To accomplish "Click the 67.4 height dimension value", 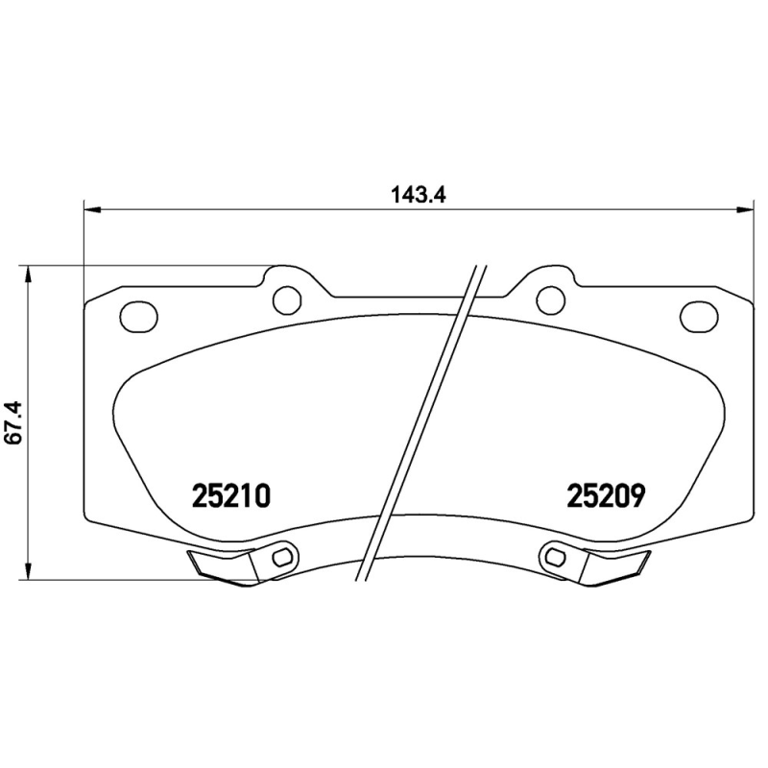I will coord(13,422).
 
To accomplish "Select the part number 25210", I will coord(233,495).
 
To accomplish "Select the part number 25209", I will coord(605,495).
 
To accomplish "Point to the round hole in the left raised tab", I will coord(287,300).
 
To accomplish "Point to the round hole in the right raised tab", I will coord(550,300).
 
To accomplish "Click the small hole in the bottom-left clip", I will coord(281,557).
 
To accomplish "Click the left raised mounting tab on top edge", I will coord(288,280).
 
